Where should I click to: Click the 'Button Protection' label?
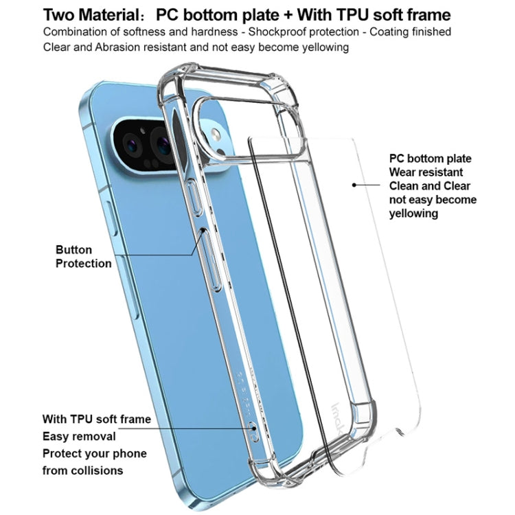tap(83, 256)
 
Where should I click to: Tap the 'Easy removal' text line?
tap(79, 436)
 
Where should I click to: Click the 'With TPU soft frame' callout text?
tap(96, 419)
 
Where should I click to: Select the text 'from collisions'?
tap(83, 470)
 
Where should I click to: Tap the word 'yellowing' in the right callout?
tap(413, 214)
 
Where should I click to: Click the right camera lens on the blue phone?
tap(164, 144)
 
